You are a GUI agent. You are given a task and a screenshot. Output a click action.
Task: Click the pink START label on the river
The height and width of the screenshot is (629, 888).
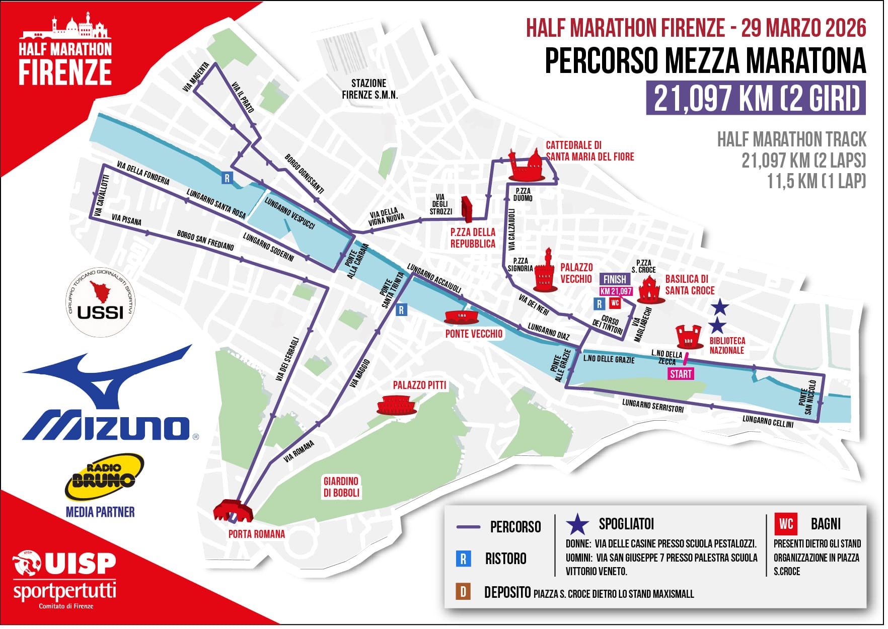pos(681,374)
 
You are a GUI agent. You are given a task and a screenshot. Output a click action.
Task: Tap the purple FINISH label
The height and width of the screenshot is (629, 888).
pos(614,279)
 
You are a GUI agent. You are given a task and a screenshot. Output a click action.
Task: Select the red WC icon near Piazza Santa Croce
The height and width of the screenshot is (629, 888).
pos(615,303)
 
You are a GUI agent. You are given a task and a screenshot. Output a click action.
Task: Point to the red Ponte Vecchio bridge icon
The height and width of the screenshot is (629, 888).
pos(461,317)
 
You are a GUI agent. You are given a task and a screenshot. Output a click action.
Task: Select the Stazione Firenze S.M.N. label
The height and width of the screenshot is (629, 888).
pos(369,89)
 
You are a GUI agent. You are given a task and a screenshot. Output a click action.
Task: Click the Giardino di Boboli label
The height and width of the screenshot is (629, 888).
pos(341,487)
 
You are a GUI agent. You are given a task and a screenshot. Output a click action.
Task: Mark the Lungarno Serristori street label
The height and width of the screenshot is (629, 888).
pos(652,406)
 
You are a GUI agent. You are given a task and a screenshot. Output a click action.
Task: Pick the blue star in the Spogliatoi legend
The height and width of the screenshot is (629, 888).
pos(577,525)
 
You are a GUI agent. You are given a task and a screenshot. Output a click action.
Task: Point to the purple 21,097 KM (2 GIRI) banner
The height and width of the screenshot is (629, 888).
pos(756,99)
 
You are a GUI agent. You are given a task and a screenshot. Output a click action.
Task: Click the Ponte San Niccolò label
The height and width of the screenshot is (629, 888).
pos(806,398)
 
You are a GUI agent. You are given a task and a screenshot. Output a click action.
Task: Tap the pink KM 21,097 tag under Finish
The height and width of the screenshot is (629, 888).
pos(616,291)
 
